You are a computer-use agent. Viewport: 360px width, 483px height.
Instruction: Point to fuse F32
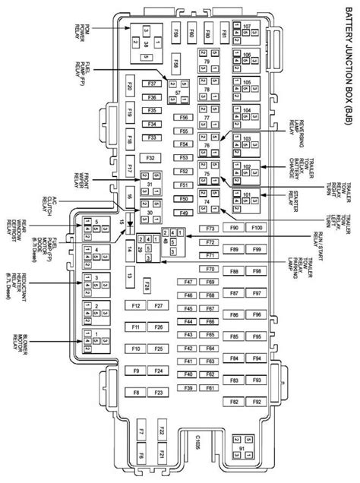150,157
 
